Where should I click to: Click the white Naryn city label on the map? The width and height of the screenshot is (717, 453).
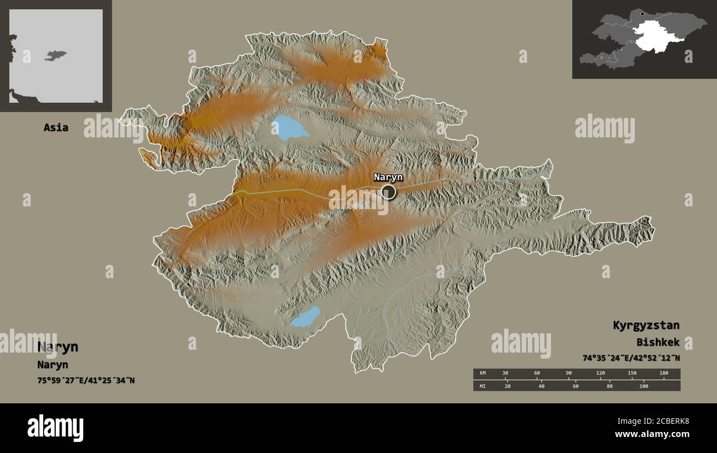point(388,177)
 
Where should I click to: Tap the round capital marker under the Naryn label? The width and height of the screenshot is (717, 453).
point(388,192)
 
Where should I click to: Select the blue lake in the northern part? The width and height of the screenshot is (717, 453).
point(288,128)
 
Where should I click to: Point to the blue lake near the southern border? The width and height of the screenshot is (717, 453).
point(304,317)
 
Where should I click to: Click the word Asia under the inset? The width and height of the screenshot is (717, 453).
point(56,127)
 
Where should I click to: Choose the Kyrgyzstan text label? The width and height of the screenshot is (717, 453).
point(645,325)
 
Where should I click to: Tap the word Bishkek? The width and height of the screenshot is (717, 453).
point(657,342)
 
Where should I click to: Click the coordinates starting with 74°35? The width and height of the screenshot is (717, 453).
point(630,358)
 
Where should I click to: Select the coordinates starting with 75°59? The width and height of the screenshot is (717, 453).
point(85,380)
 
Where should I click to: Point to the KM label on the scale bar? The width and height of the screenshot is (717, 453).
point(483,374)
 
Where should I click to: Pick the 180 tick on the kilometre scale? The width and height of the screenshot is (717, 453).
point(664,374)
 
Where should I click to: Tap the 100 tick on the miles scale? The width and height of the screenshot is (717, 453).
point(644,386)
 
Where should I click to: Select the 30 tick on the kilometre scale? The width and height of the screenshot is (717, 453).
point(505,374)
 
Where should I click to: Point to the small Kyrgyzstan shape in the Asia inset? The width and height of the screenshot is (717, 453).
point(56,55)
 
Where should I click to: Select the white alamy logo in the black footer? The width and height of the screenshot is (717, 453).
point(55,428)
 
